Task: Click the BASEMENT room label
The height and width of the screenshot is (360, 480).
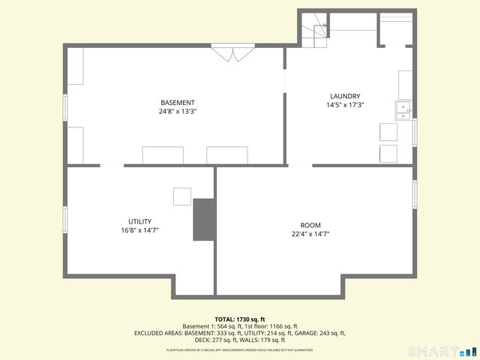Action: [177, 103]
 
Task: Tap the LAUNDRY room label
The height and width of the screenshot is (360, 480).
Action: [346, 96]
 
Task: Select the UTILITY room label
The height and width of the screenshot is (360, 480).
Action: [140, 221]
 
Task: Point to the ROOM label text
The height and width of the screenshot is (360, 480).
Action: [310, 225]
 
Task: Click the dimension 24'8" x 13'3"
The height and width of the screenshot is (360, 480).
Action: [177, 112]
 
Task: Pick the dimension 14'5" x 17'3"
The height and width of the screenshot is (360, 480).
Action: [346, 105]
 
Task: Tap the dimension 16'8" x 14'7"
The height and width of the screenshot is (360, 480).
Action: [140, 230]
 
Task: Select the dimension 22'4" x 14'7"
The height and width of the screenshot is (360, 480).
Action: [310, 234]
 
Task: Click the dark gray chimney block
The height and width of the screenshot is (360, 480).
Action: [203, 220]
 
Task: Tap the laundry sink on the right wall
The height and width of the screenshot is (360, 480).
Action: [403, 111]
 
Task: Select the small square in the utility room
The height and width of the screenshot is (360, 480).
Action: [183, 196]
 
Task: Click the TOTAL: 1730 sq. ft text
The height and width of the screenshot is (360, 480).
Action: [240, 319]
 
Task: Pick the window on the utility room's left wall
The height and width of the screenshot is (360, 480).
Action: [65, 219]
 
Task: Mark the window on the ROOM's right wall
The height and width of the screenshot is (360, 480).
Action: [413, 193]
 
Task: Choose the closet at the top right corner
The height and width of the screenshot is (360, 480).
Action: [395, 30]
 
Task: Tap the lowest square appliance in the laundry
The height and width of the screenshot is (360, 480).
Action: [388, 153]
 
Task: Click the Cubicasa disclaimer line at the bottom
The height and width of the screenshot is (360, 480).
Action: [240, 349]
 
